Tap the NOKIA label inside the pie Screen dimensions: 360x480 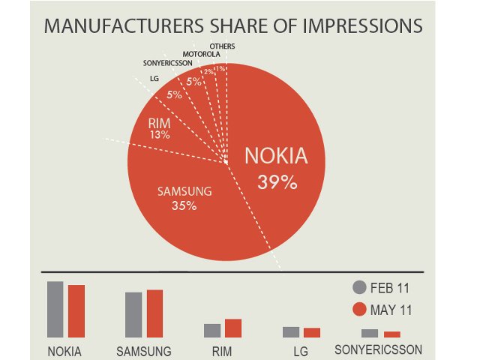click(277, 157)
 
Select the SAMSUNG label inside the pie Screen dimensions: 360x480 click(184, 191)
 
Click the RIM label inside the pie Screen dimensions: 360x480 click(158, 123)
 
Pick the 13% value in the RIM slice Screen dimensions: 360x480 click(159, 135)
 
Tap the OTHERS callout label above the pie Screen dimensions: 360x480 click(222, 46)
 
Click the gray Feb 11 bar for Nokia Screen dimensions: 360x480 click(55, 309)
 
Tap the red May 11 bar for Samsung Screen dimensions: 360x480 click(154, 313)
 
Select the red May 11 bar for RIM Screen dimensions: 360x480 click(232, 328)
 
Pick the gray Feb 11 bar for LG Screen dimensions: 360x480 click(291, 331)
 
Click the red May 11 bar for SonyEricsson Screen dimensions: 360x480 click(392, 334)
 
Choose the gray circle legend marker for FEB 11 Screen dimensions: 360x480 click(359, 287)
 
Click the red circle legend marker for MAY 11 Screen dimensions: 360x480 click(359, 310)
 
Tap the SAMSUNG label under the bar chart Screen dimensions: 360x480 click(145, 351)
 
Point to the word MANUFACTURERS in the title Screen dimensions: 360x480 click(109, 26)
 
